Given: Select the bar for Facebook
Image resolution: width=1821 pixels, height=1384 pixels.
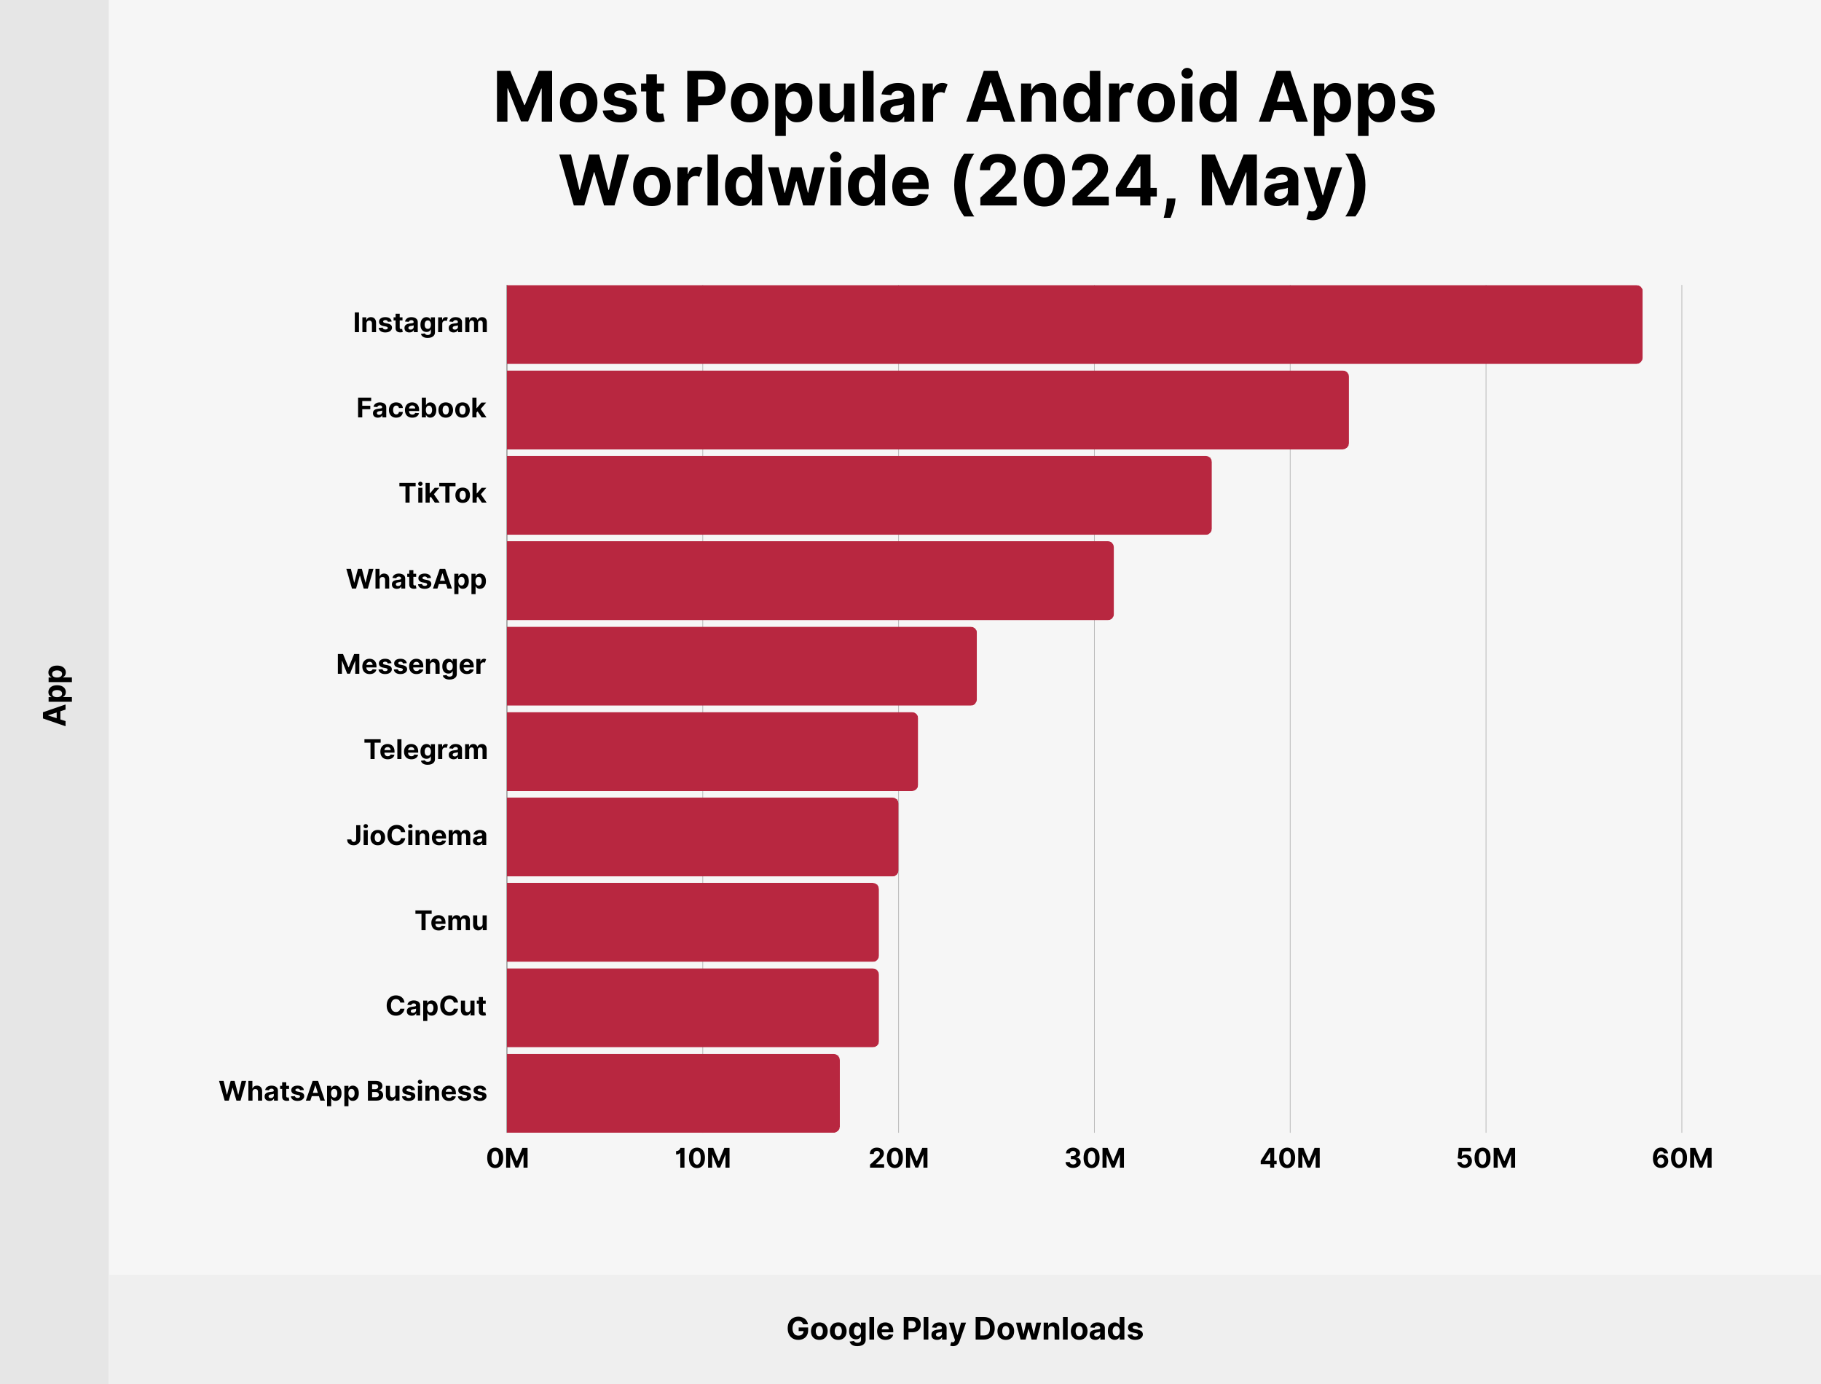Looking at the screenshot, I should [927, 409].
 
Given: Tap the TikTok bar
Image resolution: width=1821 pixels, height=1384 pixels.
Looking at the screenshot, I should [858, 495].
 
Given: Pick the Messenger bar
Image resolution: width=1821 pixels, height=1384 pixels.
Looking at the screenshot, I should [742, 666].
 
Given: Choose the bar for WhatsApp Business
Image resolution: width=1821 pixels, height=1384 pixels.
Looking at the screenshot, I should [673, 1093].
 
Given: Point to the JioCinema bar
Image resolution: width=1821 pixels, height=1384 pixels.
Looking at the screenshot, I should [701, 836].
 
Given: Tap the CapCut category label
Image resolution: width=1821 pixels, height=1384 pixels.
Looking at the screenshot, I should [435, 1006].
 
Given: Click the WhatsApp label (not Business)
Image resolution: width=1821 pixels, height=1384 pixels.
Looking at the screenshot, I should [416, 579].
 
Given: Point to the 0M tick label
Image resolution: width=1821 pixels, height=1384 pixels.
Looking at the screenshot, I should [508, 1158].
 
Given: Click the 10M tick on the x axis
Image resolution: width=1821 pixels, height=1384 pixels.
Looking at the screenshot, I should [702, 1158].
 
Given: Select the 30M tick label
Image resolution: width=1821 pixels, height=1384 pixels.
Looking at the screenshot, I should [1095, 1158].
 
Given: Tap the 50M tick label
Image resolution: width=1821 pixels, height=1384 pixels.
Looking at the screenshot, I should [1486, 1158].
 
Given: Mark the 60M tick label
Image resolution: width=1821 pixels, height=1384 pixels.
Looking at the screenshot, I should [1682, 1158].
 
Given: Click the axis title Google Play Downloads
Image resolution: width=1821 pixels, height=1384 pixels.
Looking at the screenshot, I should [964, 1329].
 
